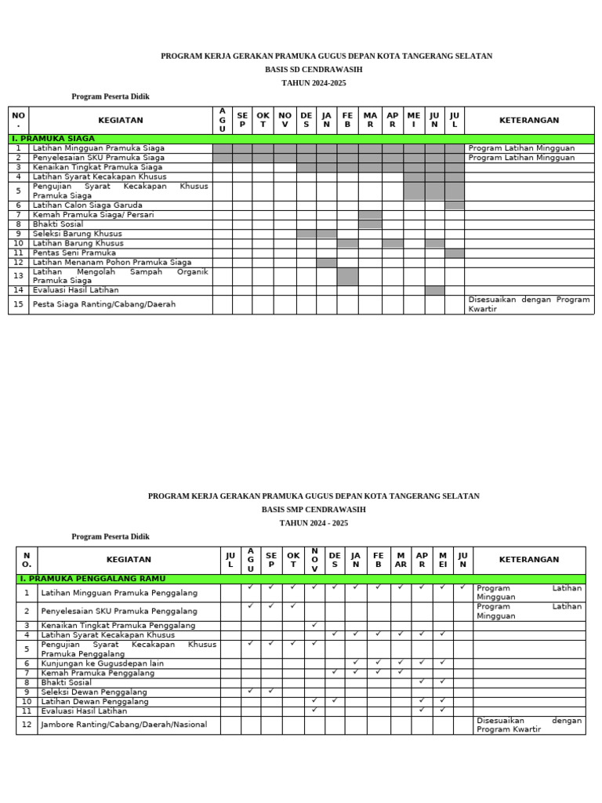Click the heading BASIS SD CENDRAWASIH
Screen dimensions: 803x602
pyautogui.click(x=314, y=70)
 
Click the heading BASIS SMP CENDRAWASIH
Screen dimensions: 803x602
pyautogui.click(x=314, y=510)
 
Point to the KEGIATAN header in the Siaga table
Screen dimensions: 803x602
pyautogui.click(x=121, y=121)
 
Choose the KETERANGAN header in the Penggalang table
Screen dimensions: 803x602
pyautogui.click(x=528, y=560)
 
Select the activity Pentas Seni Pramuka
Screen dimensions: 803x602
pyautogui.click(x=74, y=253)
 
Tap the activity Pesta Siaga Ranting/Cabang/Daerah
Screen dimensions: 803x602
pyautogui.click(x=104, y=304)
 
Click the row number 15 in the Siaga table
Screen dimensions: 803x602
pyautogui.click(x=18, y=304)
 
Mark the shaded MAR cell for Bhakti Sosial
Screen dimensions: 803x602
pyautogui.click(x=370, y=224)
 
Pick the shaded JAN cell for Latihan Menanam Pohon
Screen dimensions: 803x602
pyautogui.click(x=327, y=263)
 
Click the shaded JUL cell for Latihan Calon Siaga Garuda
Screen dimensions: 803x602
pyautogui.click(x=455, y=205)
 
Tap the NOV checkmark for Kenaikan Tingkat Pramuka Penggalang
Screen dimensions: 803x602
pyautogui.click(x=314, y=625)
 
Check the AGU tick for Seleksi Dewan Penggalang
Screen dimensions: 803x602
pyautogui.click(x=250, y=691)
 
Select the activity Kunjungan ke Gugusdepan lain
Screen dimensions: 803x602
pyautogui.click(x=102, y=663)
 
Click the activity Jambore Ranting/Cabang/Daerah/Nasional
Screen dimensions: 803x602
pyautogui.click(x=124, y=725)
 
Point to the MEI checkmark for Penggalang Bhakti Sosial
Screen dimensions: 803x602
pyautogui.click(x=443, y=681)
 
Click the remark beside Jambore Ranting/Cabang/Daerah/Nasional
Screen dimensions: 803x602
pyautogui.click(x=528, y=725)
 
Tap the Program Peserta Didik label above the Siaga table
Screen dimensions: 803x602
pyautogui.click(x=111, y=96)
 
